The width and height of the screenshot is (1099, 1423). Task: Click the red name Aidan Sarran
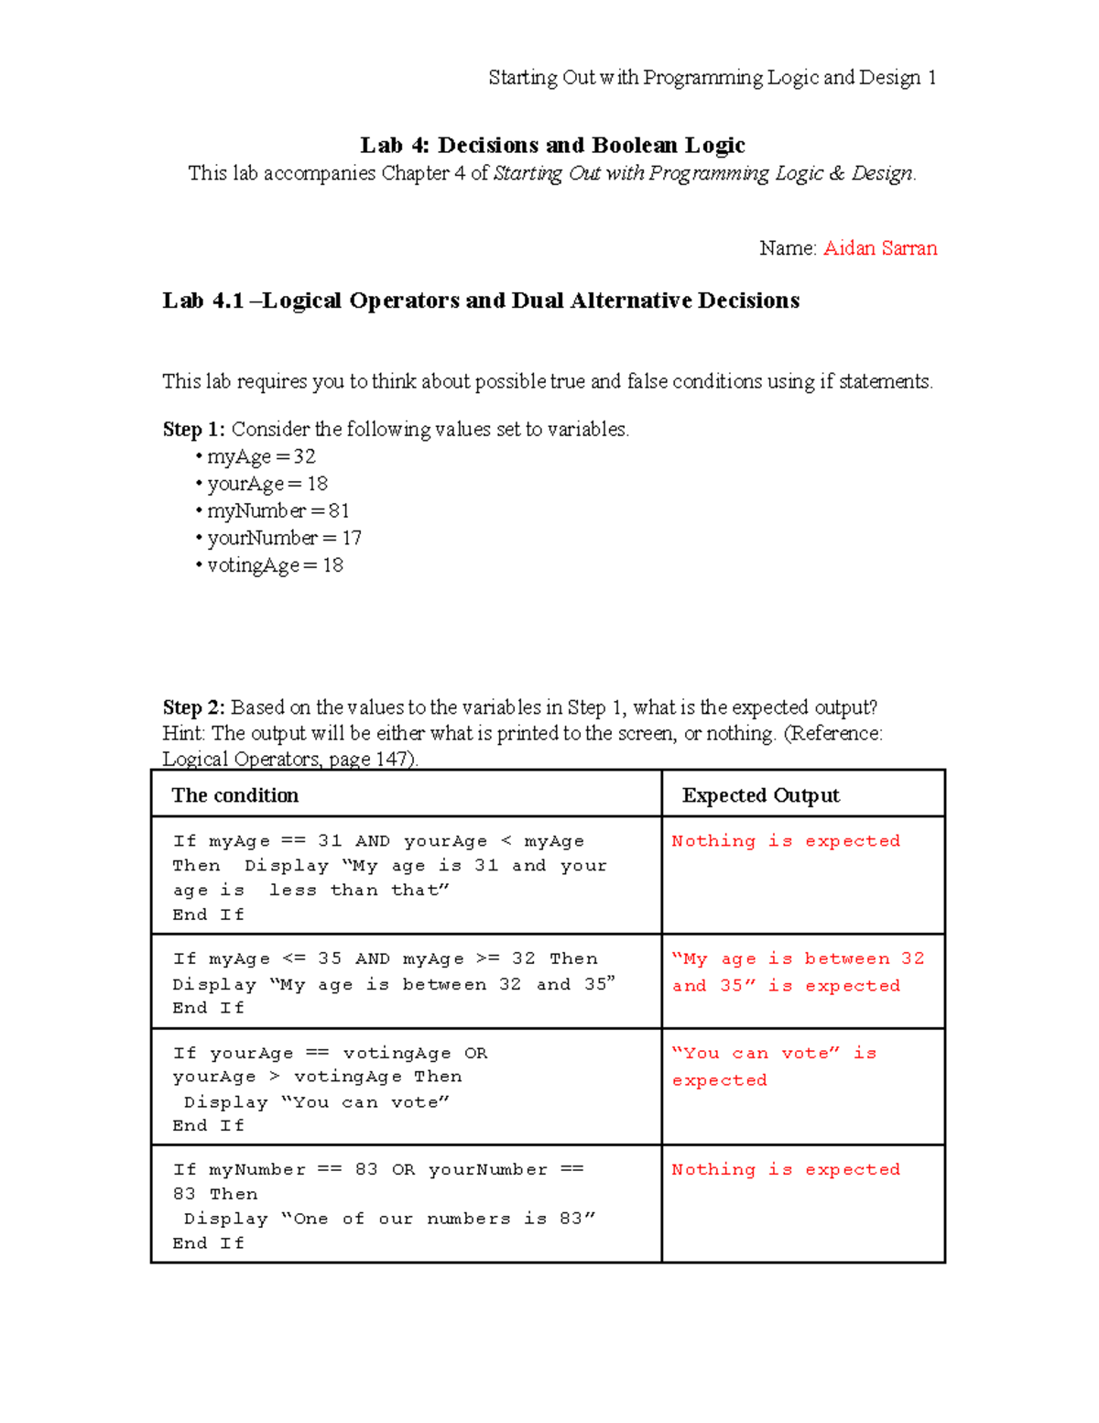click(879, 248)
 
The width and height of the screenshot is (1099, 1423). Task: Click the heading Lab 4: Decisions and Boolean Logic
click(552, 145)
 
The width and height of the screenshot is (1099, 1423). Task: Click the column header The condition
click(235, 795)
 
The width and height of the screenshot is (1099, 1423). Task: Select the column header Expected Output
click(760, 795)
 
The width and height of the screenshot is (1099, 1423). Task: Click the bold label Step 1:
click(194, 429)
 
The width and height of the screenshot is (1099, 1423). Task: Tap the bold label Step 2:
click(194, 707)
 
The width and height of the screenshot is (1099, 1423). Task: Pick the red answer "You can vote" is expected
click(774, 1066)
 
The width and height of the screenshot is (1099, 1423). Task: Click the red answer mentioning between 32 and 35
click(797, 971)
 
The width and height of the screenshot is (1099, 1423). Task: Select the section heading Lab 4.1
click(480, 301)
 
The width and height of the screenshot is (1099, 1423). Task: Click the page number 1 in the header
click(931, 78)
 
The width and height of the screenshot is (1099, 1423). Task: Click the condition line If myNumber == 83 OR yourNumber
click(377, 1169)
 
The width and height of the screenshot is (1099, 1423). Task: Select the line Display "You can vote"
click(316, 1102)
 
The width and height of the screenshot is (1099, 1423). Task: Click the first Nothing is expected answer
click(785, 841)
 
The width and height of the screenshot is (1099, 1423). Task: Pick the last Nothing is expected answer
click(785, 1169)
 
